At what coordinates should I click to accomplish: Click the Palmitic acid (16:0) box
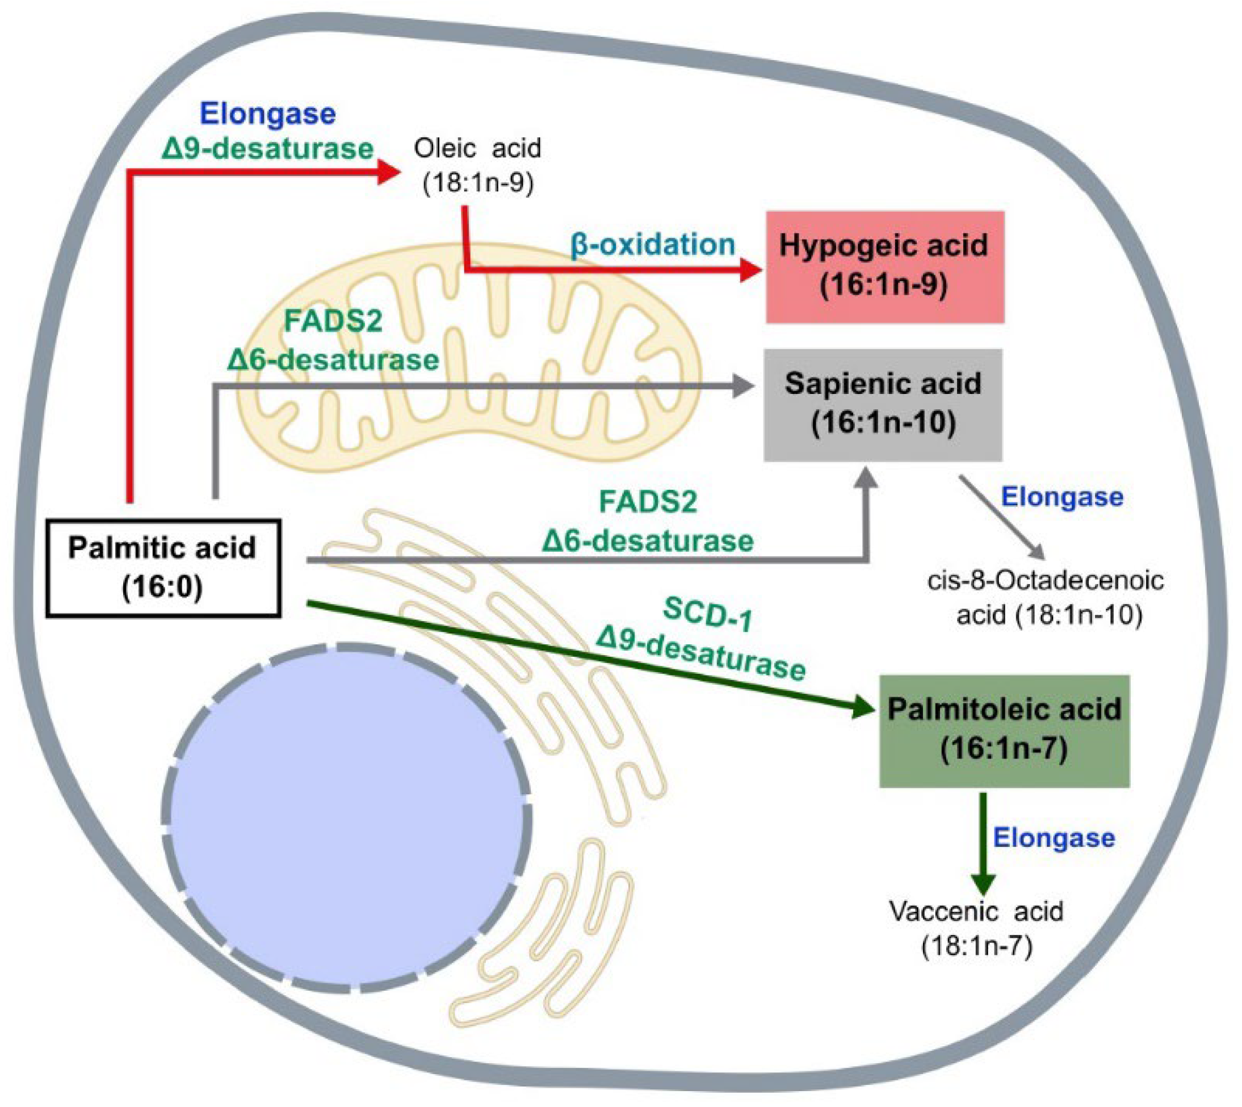tap(163, 568)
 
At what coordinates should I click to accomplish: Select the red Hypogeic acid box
tap(884, 266)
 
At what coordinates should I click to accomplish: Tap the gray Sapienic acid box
tap(883, 404)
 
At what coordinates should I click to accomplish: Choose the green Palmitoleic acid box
tap(1004, 730)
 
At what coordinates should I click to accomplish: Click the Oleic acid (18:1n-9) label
tap(477, 165)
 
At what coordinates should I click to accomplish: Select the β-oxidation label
tap(653, 245)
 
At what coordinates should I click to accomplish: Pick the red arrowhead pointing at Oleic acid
tap(388, 171)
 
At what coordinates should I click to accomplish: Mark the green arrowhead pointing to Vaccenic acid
tap(983, 883)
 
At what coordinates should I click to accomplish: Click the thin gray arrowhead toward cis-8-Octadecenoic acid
tap(1037, 552)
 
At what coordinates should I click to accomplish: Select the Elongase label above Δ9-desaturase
tap(267, 114)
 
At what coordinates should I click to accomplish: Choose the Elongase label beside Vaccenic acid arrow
tap(1054, 838)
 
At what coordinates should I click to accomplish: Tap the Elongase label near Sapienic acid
tap(1062, 497)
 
